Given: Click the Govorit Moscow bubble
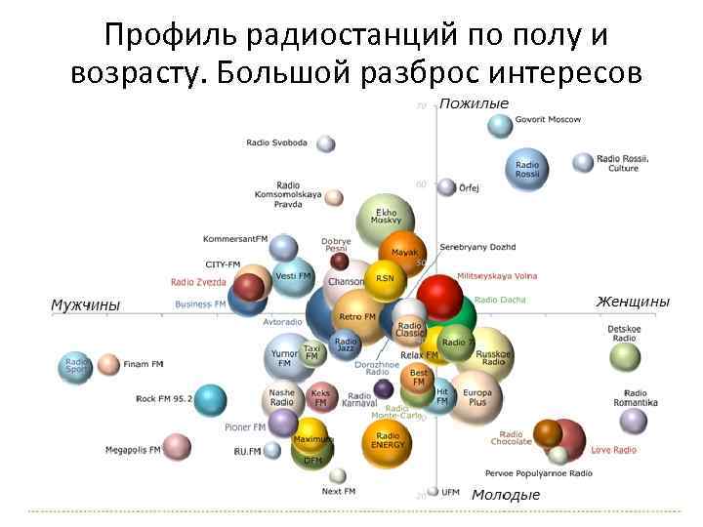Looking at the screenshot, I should [x=500, y=125].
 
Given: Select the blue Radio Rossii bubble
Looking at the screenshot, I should [x=528, y=169].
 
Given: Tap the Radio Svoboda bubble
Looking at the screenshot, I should [x=326, y=143].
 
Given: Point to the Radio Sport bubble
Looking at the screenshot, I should [x=76, y=366].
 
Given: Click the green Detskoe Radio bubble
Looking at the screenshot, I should [x=625, y=356].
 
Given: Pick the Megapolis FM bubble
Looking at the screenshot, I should [x=177, y=447].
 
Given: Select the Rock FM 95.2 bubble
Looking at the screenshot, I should [x=209, y=398].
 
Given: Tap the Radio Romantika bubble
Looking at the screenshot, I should [x=634, y=421].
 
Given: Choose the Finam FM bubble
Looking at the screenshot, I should [x=107, y=365].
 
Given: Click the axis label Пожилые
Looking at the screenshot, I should [x=474, y=103].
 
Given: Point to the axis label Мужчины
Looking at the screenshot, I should [x=85, y=305].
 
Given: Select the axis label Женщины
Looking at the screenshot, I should [x=633, y=302].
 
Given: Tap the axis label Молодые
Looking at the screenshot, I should [x=506, y=495].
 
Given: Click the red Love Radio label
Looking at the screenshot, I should [x=613, y=450].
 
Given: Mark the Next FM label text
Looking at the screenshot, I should [x=339, y=491].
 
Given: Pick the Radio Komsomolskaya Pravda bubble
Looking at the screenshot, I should [x=334, y=197].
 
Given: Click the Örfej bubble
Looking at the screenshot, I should [x=446, y=186].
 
